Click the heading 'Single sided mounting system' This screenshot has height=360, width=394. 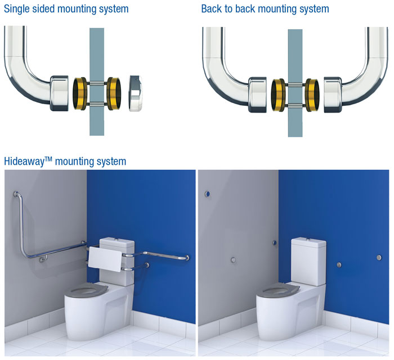pyautogui.click(x=66, y=9)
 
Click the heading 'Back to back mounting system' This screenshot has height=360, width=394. pyautogui.click(x=265, y=9)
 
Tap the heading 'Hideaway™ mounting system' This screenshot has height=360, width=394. pyautogui.click(x=65, y=161)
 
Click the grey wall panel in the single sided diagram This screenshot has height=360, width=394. pyautogui.click(x=97, y=56)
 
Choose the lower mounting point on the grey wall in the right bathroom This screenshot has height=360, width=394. pyautogui.click(x=232, y=260)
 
